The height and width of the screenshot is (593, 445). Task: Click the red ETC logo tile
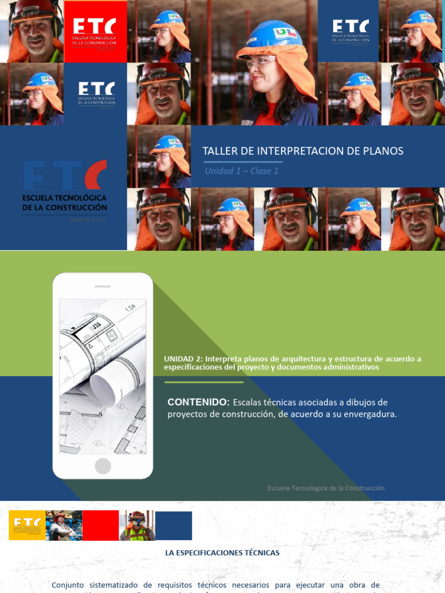click(x=95, y=31)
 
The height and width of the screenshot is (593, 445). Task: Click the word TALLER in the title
click(x=218, y=151)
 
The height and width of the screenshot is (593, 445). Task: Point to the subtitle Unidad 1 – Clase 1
click(x=242, y=171)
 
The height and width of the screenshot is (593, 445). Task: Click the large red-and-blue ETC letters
click(x=65, y=175)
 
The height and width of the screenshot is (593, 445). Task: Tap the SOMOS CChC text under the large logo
click(x=87, y=219)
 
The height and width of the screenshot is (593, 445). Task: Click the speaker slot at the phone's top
click(x=103, y=286)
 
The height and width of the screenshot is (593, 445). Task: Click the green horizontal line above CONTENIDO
click(x=204, y=382)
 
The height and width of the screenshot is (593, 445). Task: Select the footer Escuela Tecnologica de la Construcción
click(x=326, y=488)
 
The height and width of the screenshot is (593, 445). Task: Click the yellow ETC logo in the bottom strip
click(x=27, y=525)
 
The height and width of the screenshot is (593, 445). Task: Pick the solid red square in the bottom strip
click(x=100, y=525)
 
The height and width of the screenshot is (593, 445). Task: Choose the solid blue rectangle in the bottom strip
click(x=173, y=525)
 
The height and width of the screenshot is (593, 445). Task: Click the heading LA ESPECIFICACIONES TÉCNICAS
click(x=222, y=553)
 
